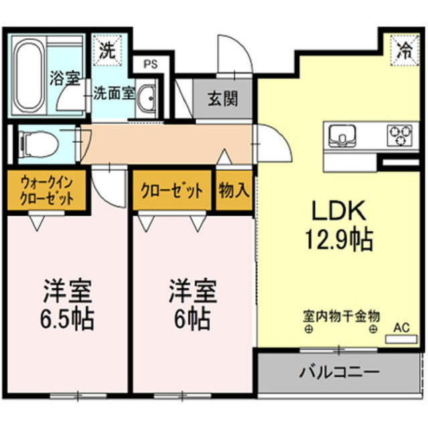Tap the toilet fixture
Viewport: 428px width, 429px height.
click(x=36, y=143)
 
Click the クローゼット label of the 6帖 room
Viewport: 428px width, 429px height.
click(x=172, y=190)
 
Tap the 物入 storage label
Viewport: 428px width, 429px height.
click(x=234, y=190)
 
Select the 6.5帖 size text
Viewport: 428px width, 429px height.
click(x=67, y=318)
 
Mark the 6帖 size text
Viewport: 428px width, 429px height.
click(x=192, y=318)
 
